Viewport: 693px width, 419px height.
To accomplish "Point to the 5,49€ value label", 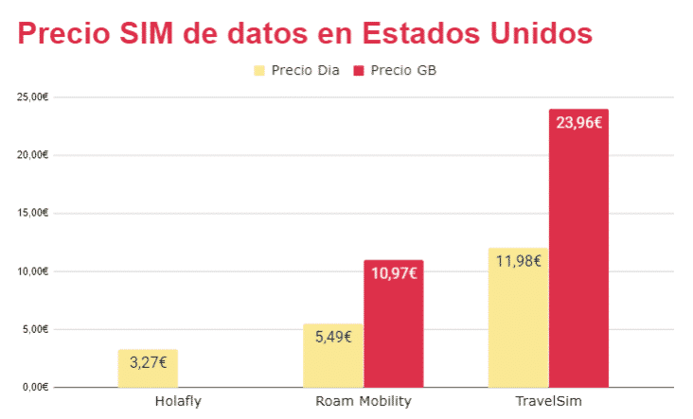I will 333,335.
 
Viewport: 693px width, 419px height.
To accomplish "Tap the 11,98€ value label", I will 518,260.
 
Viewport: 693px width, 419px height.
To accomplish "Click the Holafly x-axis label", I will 178,401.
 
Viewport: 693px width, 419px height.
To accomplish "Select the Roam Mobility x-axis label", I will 363,401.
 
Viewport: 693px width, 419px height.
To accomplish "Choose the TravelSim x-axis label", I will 548,401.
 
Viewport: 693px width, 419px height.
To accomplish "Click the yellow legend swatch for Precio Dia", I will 258,71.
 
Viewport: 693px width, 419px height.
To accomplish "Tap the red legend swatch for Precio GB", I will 359,71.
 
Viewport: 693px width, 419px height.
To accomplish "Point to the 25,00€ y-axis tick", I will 32,96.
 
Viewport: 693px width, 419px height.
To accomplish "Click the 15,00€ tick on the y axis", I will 32,213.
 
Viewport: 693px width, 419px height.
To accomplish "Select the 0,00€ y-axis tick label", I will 34,387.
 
